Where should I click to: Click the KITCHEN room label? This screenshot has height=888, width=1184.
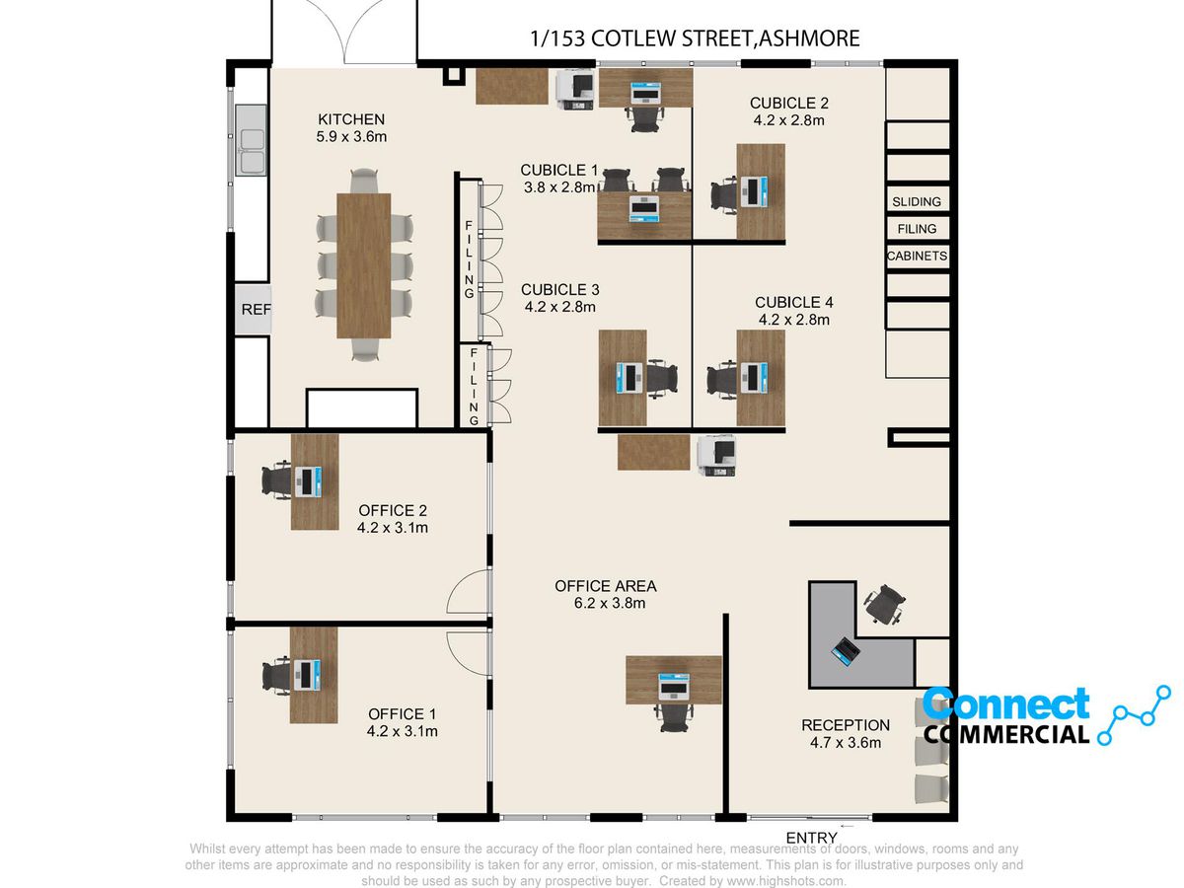pyautogui.click(x=351, y=119)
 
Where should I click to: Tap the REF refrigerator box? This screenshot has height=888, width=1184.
pyautogui.click(x=253, y=309)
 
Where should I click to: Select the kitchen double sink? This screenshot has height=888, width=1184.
pyautogui.click(x=252, y=140)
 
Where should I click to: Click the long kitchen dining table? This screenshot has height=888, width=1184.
pyautogui.click(x=363, y=265)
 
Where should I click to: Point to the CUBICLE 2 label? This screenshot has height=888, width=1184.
pyautogui.click(x=788, y=103)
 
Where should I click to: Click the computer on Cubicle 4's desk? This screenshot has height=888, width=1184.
pyautogui.click(x=754, y=378)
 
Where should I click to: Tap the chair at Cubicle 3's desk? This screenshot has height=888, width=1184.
pyautogui.click(x=662, y=379)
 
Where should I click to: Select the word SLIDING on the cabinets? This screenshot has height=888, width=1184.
pyautogui.click(x=917, y=201)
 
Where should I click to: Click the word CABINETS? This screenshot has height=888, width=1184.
pyautogui.click(x=917, y=256)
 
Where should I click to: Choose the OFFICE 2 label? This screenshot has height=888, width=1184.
pyautogui.click(x=393, y=510)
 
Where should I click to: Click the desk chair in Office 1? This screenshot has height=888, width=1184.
pyautogui.click(x=276, y=675)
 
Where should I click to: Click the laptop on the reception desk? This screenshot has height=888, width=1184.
pyautogui.click(x=846, y=651)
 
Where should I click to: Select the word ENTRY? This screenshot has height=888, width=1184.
pyautogui.click(x=811, y=838)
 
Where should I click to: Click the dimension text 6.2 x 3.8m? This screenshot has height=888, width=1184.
pyautogui.click(x=610, y=603)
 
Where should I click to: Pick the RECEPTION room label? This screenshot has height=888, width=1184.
pyautogui.click(x=846, y=725)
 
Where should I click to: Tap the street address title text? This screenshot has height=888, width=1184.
pyautogui.click(x=695, y=38)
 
